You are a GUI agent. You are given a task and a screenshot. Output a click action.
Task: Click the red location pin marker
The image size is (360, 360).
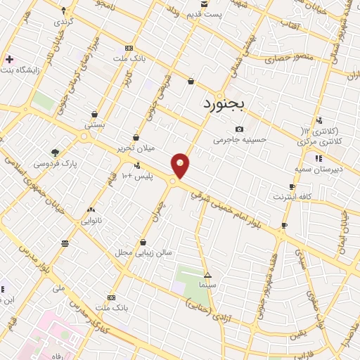181,166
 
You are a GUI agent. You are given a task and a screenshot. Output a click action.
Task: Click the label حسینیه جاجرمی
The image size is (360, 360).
240,140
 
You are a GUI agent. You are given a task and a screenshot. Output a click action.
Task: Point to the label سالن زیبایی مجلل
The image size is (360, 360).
143,251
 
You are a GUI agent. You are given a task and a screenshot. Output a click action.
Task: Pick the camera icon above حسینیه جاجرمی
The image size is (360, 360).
240,129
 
